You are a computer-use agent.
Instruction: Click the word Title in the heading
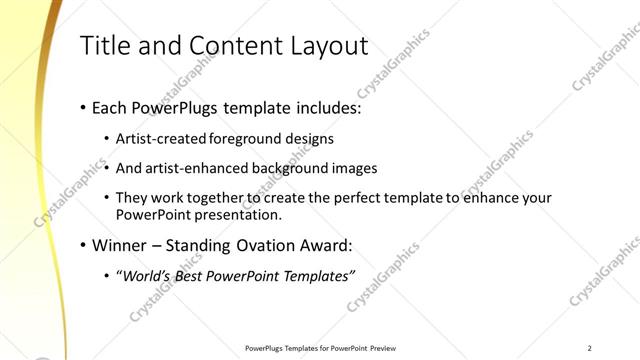[x=105, y=46]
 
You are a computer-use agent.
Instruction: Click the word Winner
[x=118, y=245]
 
